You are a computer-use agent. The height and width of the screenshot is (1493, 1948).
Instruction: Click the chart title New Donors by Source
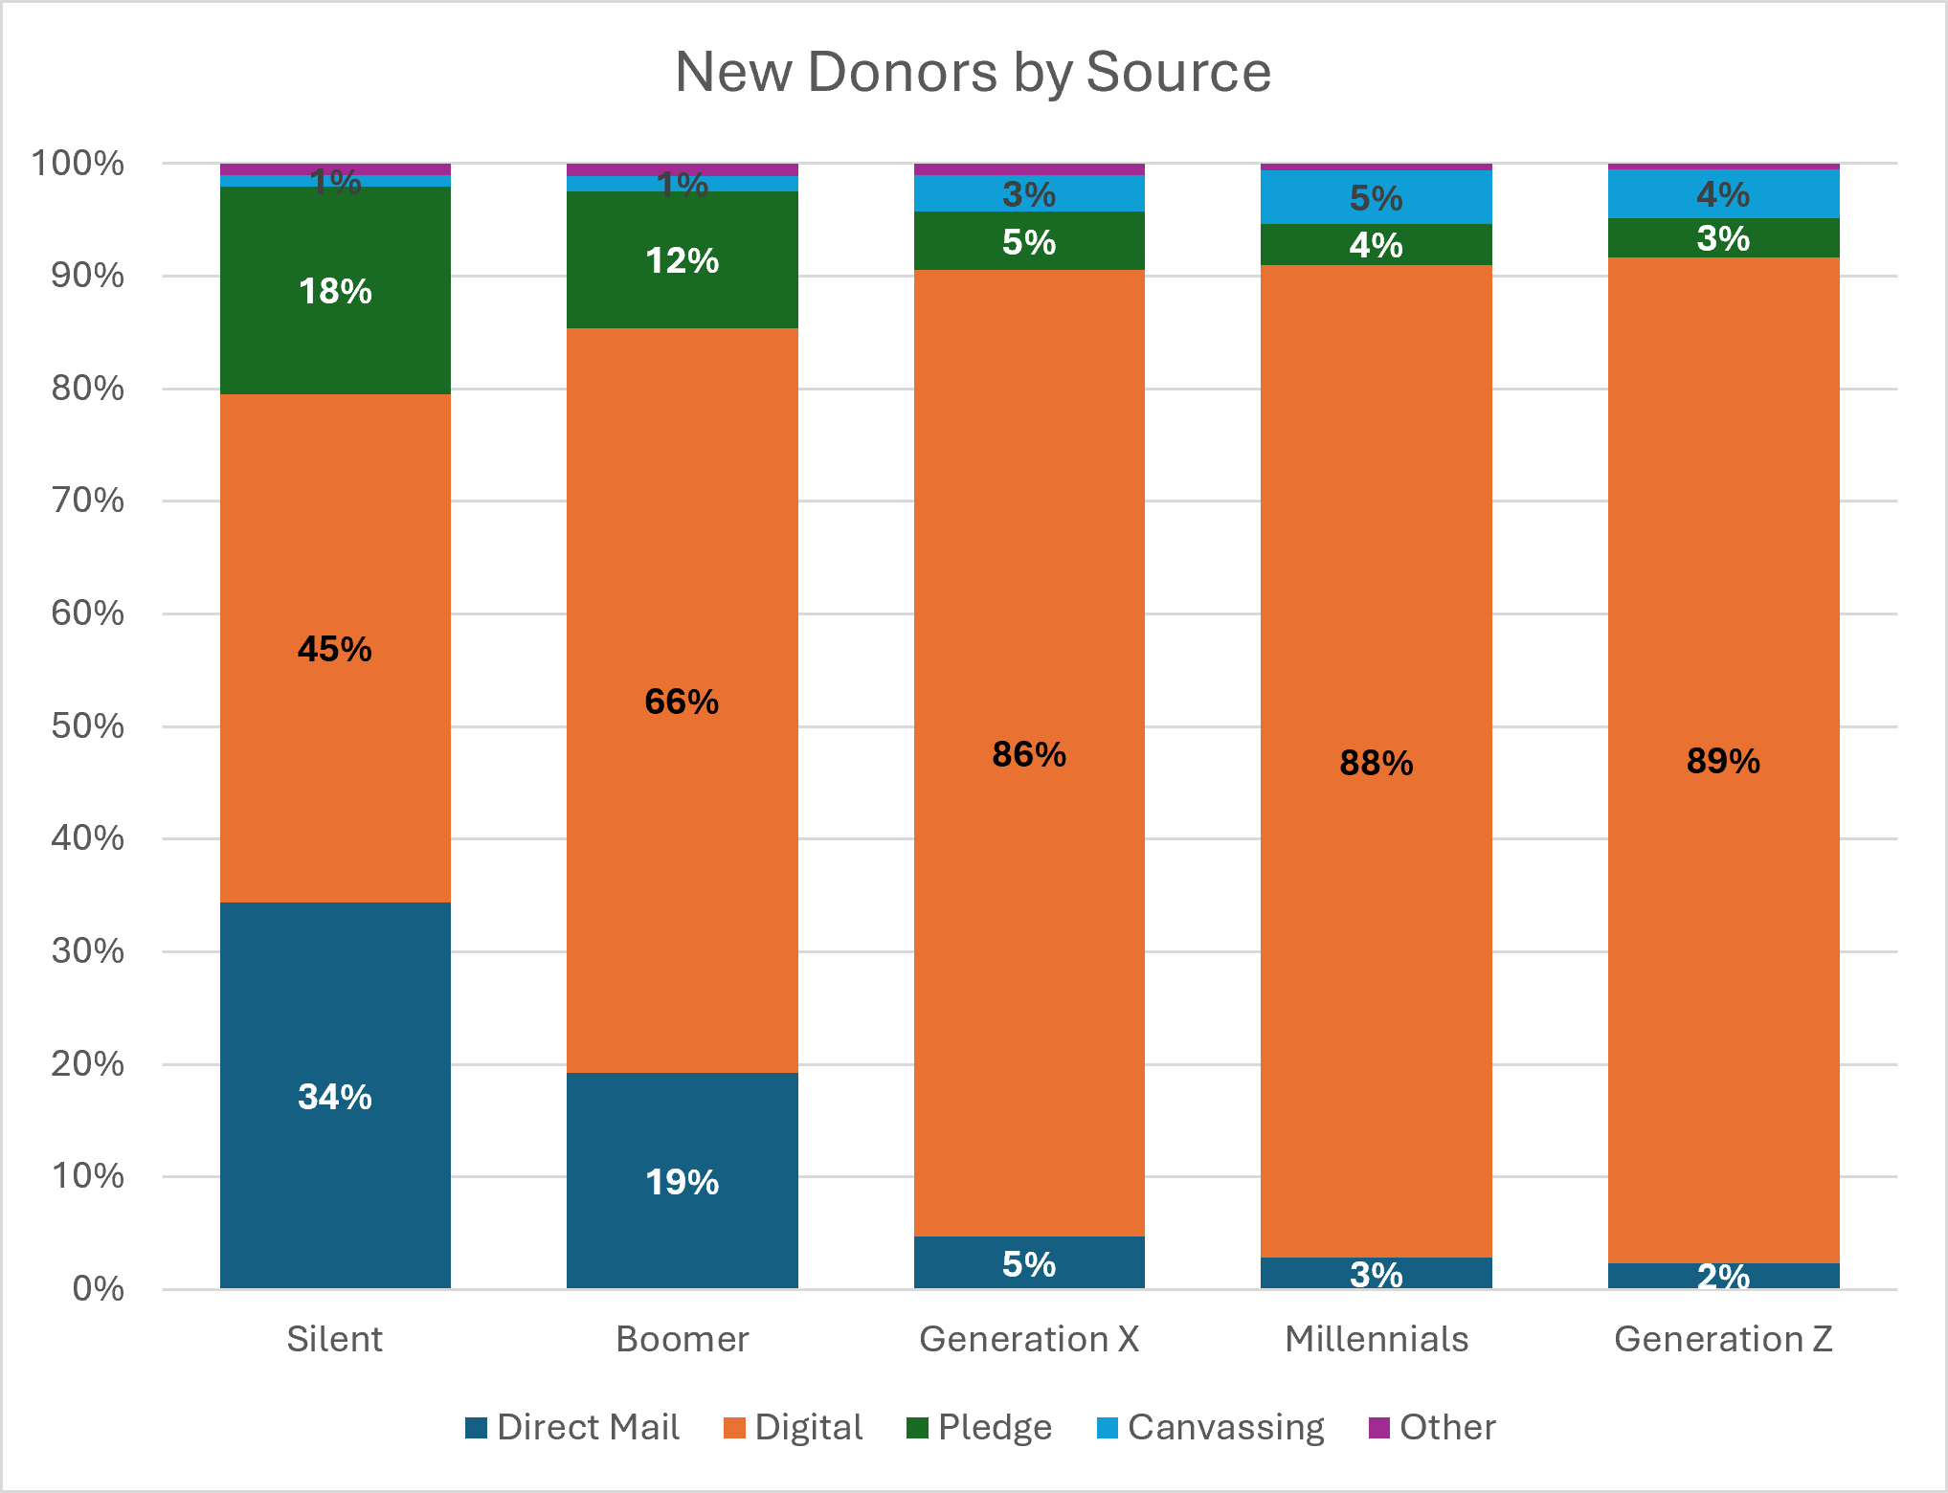pyautogui.click(x=974, y=72)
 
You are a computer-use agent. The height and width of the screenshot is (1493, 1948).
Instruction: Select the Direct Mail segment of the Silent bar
pyautogui.click(x=335, y=1095)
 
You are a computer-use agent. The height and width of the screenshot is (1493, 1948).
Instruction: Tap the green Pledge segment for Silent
pyautogui.click(x=335, y=290)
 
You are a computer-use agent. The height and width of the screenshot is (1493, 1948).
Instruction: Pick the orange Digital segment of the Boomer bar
pyautogui.click(x=683, y=701)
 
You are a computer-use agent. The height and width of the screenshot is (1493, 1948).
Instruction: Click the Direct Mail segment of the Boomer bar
pyautogui.click(x=683, y=1180)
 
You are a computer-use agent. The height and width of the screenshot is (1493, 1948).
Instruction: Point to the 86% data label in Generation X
pyautogui.click(x=1029, y=754)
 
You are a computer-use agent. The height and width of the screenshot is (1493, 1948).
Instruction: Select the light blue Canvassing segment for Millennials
pyautogui.click(x=1377, y=197)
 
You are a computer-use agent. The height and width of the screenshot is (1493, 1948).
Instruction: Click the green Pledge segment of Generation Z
pyautogui.click(x=1724, y=237)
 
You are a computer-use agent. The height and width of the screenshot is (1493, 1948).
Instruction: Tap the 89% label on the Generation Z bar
pyautogui.click(x=1723, y=761)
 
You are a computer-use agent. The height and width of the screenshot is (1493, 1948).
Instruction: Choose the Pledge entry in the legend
pyautogui.click(x=979, y=1427)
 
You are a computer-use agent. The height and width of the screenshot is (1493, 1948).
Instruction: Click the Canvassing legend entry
pyautogui.click(x=1210, y=1427)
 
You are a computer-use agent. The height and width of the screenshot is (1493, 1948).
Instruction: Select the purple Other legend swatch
pyautogui.click(x=1379, y=1428)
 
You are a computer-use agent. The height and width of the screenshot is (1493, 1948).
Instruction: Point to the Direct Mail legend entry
pyautogui.click(x=572, y=1427)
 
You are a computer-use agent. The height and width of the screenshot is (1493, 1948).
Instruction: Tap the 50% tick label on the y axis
pyautogui.click(x=87, y=725)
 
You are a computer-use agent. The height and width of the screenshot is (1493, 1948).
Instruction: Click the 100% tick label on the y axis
pyautogui.click(x=78, y=163)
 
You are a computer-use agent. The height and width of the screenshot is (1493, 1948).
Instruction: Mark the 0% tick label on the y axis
pyautogui.click(x=99, y=1288)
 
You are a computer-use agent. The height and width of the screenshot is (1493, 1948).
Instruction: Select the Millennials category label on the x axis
pyautogui.click(x=1377, y=1339)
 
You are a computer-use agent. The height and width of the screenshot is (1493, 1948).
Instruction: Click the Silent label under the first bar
pyautogui.click(x=335, y=1339)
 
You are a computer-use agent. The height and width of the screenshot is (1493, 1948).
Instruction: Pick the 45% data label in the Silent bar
pyautogui.click(x=334, y=649)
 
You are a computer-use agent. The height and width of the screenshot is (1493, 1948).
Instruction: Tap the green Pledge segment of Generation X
pyautogui.click(x=1029, y=240)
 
